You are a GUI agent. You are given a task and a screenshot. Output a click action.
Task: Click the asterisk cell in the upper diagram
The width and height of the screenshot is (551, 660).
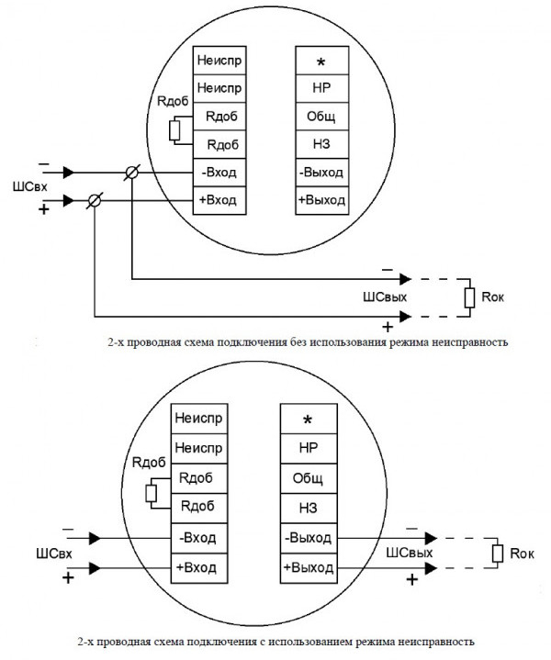coord(321,62)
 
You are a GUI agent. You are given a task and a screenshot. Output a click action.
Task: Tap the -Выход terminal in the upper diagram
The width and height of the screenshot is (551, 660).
coord(321,172)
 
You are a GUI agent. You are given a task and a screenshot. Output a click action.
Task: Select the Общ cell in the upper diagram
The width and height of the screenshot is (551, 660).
coord(321,117)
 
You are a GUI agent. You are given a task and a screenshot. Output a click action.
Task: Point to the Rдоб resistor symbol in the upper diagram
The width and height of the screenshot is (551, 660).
coord(174,129)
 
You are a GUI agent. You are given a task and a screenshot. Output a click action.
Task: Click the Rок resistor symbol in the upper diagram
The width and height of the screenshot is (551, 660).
coord(469,296)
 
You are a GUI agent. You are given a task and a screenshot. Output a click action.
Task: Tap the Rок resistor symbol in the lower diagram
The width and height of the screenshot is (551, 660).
coord(497,553)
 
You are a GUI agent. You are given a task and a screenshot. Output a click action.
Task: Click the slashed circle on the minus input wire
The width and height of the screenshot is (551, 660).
coord(132,173)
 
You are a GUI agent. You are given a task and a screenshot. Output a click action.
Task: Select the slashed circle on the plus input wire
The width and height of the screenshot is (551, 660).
coord(95,199)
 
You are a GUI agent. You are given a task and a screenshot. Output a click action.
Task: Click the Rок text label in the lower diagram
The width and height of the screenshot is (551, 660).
coord(523,553)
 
